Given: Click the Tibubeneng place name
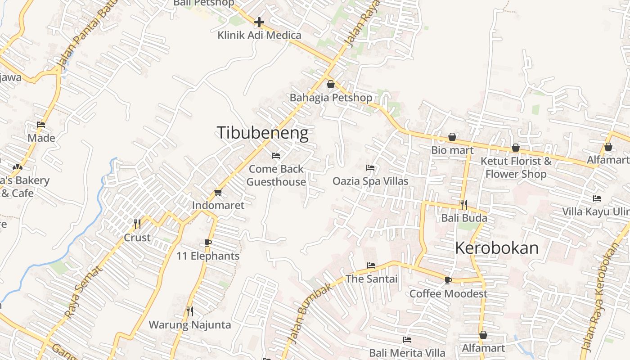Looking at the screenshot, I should [262, 133].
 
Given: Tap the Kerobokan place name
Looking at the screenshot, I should [497, 248].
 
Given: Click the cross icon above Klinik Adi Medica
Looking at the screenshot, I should [259, 22].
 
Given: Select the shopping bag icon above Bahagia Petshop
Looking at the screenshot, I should [331, 84].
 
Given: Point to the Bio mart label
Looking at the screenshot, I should [452, 150].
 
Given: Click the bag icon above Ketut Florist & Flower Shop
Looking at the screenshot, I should [516, 148].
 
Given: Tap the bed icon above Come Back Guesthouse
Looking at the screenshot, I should [276, 156].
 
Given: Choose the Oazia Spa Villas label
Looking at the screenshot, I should [370, 181].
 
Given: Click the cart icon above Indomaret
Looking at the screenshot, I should [218, 193].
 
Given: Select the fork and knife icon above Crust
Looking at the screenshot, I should [137, 224].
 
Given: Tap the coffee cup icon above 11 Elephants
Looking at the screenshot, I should [207, 243].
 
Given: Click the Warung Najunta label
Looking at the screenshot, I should [189, 324].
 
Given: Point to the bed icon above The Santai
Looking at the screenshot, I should [371, 265].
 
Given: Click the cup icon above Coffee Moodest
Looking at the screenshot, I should [448, 280].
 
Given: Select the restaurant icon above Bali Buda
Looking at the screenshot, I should [463, 205].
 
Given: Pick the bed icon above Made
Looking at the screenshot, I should [41, 125].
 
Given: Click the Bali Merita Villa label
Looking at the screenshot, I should [407, 352].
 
